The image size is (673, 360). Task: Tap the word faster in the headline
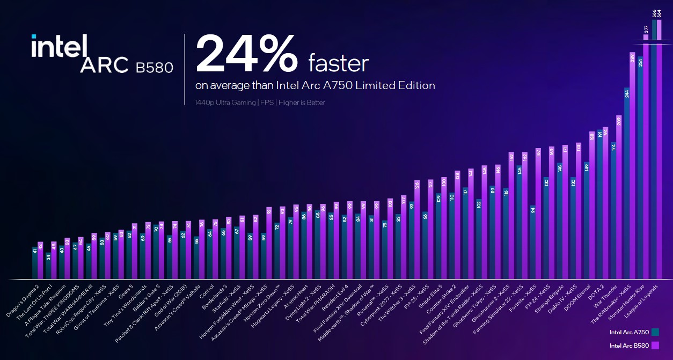(338, 63)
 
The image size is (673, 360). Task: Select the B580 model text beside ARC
(154, 68)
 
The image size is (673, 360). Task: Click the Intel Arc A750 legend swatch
(654, 332)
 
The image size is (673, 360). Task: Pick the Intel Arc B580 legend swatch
(654, 346)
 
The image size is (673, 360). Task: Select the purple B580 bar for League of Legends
(659, 150)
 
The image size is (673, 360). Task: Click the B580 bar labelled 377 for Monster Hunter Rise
(646, 161)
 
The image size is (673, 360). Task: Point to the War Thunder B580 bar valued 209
(619, 199)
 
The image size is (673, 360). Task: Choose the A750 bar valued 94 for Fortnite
(533, 241)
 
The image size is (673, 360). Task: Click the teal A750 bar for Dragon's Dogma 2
(35, 263)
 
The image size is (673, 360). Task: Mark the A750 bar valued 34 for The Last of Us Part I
(48, 266)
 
